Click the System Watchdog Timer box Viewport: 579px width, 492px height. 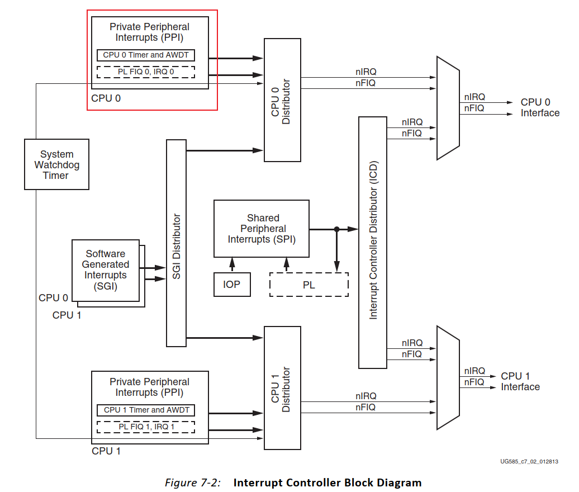coord(56,164)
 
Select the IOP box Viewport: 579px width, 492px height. coord(232,284)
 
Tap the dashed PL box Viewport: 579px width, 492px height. coord(309,285)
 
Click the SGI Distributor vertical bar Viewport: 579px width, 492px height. coord(176,243)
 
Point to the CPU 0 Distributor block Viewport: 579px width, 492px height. coord(282,100)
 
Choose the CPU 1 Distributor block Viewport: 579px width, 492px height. coord(282,388)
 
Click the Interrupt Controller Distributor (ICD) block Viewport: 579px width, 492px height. coord(373,242)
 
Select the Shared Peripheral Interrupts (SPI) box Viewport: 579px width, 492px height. coord(262,228)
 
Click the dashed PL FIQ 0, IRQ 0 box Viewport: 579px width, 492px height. coord(146,72)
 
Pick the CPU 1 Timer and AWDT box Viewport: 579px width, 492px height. coord(146,410)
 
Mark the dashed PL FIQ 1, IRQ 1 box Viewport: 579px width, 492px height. coord(146,427)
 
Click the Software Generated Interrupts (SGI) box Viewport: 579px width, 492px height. coord(105,270)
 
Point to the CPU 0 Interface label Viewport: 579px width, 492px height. coord(540,107)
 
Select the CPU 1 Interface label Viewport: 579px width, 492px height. coord(520,381)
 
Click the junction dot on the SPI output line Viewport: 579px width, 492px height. coord(336,229)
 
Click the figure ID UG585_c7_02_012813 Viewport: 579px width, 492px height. coord(529,462)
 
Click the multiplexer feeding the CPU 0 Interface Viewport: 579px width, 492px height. coord(448,107)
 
